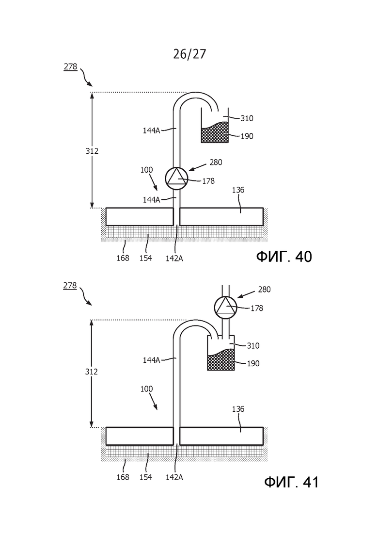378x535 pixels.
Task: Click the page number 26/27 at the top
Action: (x=189, y=54)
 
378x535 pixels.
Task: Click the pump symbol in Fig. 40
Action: (x=176, y=178)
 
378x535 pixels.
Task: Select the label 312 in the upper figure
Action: (x=92, y=151)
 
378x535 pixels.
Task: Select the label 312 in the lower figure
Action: (x=91, y=372)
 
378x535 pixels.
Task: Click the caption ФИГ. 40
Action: (x=284, y=256)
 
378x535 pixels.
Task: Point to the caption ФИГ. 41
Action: (x=291, y=482)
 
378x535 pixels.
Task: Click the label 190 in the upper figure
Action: (x=247, y=136)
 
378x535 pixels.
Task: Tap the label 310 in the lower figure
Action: (x=253, y=346)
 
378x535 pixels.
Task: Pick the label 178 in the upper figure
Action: (x=208, y=181)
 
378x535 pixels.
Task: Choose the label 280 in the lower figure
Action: (x=264, y=290)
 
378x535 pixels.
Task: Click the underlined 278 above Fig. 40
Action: (x=71, y=66)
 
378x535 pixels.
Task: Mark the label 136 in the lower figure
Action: (x=238, y=409)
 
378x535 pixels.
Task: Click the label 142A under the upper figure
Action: (x=174, y=259)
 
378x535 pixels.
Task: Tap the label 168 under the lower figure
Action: (x=123, y=477)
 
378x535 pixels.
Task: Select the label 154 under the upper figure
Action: (x=145, y=259)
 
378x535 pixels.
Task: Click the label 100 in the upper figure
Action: (x=146, y=170)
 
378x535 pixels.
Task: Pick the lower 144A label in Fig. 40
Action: (x=151, y=200)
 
